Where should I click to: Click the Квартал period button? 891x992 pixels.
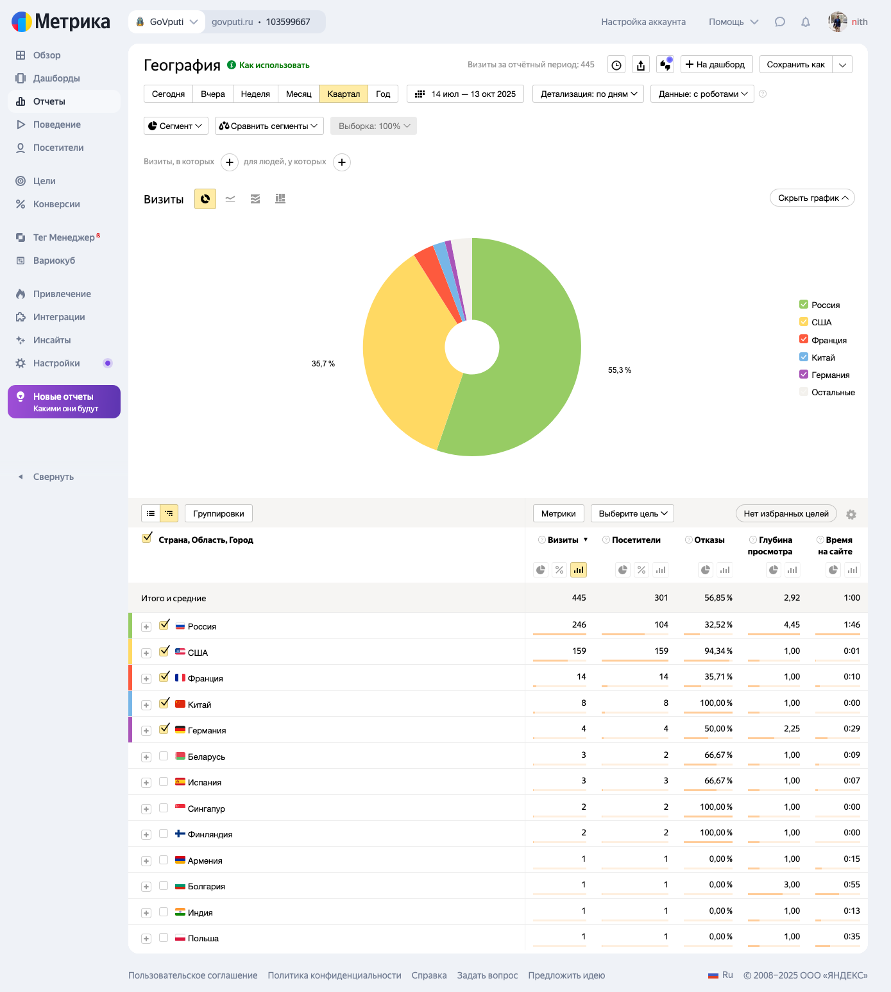coord(344,94)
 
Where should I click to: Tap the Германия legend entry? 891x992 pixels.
coord(830,375)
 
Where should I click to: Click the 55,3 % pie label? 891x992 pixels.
coord(620,370)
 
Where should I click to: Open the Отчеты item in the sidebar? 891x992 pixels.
coord(49,101)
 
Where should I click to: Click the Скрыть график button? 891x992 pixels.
coord(812,198)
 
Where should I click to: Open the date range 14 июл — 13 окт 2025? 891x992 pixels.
coord(466,94)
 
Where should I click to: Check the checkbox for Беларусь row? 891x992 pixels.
coord(164,756)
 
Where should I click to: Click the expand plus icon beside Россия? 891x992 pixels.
coord(146,627)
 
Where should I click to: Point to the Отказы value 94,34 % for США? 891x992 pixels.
coord(718,651)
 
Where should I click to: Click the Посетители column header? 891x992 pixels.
coord(636,540)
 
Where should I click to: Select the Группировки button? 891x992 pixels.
coord(219,513)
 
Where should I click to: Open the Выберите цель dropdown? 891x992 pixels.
coord(632,513)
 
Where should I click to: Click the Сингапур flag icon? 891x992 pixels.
coord(180,808)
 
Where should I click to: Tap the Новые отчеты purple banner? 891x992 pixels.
coord(64,402)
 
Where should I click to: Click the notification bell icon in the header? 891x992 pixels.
coord(806,22)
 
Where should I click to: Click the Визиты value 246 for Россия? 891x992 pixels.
coord(579,624)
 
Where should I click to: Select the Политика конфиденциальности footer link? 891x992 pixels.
coord(334,975)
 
